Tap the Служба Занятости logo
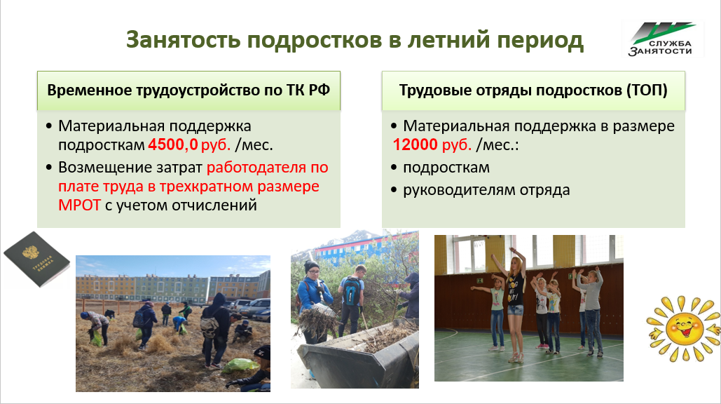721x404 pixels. coord(663,39)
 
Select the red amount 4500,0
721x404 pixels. coord(173,145)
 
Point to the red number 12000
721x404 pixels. coord(416,145)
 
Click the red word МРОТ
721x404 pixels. coord(80,205)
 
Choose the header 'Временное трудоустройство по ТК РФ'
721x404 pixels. coord(188,90)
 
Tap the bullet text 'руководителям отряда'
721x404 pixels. coord(486,190)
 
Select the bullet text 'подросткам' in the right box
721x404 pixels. coord(446,168)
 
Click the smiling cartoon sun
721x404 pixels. coord(683,328)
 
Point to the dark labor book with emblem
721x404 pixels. coord(36,260)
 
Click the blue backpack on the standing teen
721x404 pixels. coord(352,292)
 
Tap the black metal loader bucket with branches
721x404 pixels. coord(358,353)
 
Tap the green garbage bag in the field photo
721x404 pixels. coord(240,366)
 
